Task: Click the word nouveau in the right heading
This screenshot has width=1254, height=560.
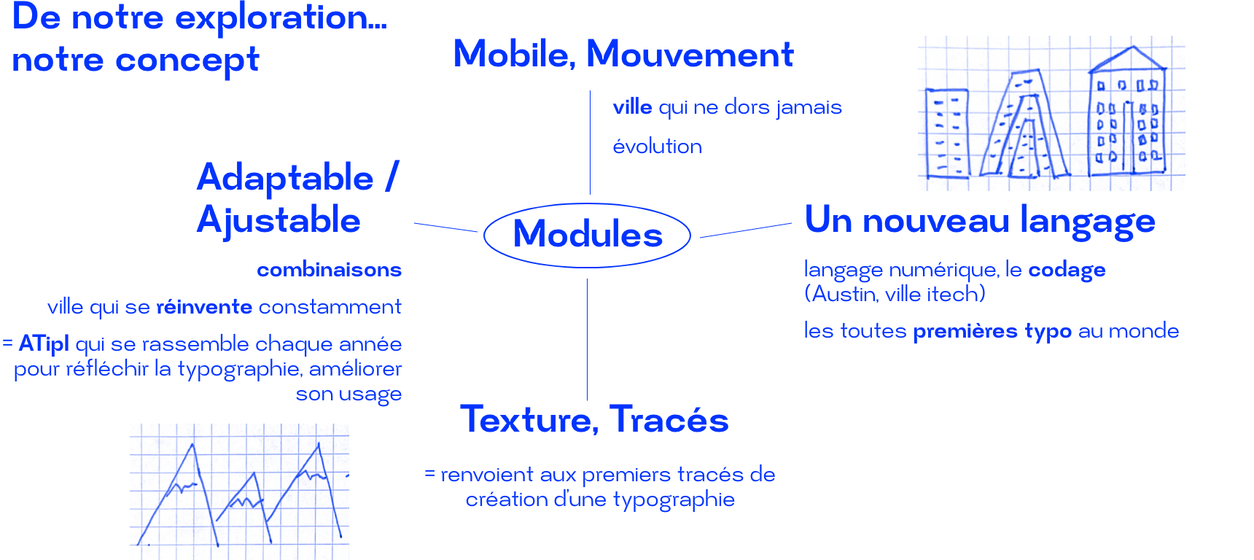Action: click(936, 222)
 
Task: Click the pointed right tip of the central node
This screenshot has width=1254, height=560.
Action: click(696, 233)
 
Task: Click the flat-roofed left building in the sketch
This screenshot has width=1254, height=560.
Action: click(947, 133)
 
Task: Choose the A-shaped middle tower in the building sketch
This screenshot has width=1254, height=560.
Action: click(1025, 124)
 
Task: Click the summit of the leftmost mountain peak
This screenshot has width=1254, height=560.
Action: click(192, 444)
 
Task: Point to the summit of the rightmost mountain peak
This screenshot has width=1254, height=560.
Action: click(318, 443)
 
